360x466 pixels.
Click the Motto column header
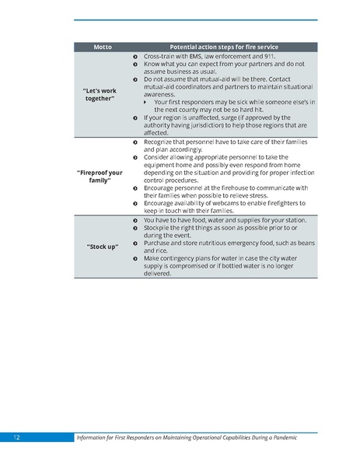click(103, 47)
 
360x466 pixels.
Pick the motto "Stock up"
click(102, 247)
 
